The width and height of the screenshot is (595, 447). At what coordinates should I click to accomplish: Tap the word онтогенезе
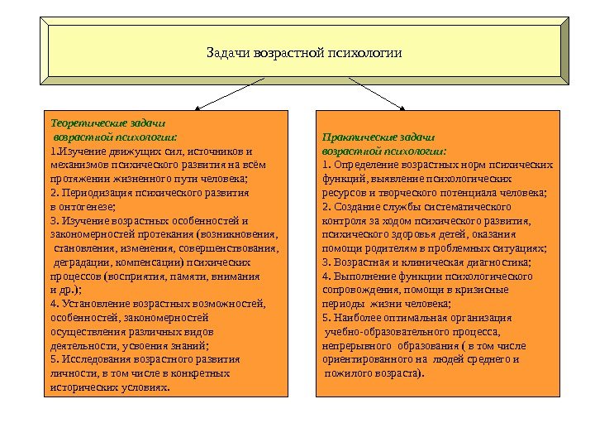click(x=87, y=206)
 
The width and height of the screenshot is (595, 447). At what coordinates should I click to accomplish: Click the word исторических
click(x=83, y=387)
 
